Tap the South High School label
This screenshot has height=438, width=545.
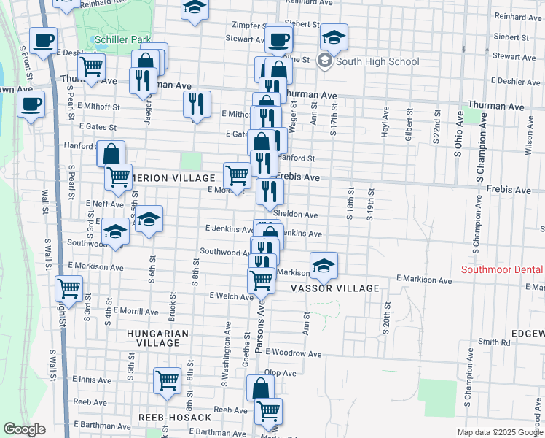(x=377, y=61)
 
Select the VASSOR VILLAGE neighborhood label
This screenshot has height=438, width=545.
(x=335, y=288)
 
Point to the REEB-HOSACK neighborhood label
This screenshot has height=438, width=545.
(x=175, y=418)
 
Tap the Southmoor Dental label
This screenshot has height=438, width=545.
(x=501, y=270)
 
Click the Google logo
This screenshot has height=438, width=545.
(x=25, y=429)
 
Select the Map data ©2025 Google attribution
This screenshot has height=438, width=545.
(x=500, y=432)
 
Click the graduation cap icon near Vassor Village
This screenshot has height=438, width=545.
(x=324, y=266)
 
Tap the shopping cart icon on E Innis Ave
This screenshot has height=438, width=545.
(x=167, y=380)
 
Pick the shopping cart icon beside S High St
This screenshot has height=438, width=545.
(x=68, y=288)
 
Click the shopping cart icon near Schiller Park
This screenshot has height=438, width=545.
(x=91, y=67)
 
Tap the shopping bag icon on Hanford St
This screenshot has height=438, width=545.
(x=111, y=154)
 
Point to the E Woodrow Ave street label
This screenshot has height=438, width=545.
(x=293, y=353)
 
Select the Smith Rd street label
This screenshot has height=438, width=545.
(x=495, y=341)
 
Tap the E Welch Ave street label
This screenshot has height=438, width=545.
(x=231, y=296)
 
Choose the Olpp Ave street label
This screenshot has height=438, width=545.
(x=280, y=372)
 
